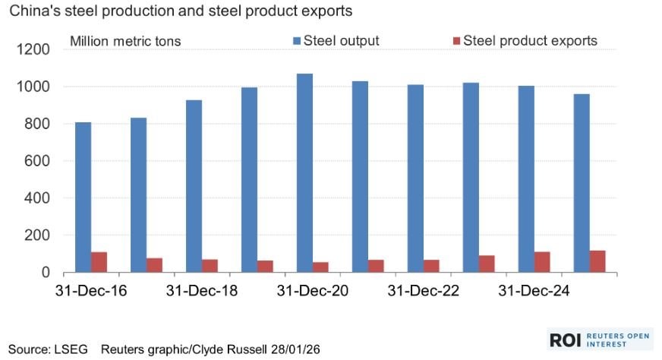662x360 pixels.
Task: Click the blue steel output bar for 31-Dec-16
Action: [x=83, y=197]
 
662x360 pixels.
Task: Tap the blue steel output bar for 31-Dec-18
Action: [x=194, y=185]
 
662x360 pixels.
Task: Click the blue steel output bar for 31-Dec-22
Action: [x=415, y=178]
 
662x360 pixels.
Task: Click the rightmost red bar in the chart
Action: [x=597, y=261]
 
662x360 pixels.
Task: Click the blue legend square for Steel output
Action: [x=297, y=40]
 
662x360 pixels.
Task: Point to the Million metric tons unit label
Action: [x=125, y=41]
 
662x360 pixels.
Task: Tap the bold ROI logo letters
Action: [x=566, y=339]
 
